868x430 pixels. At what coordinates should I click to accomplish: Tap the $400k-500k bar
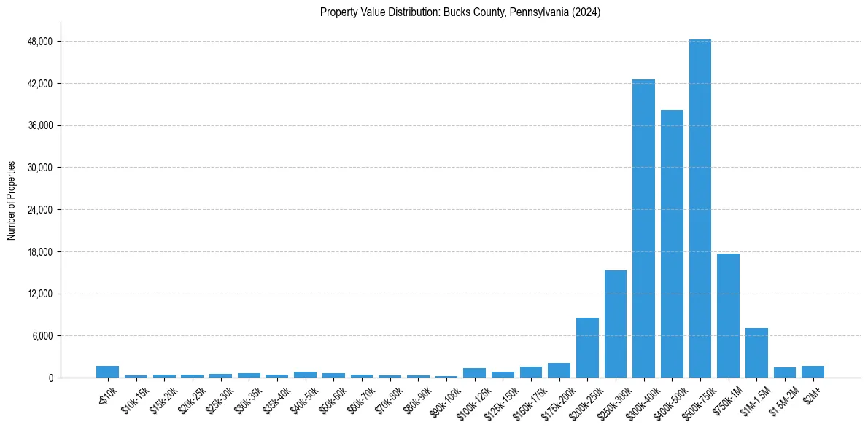(x=672, y=243)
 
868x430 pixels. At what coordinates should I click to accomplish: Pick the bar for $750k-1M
(x=728, y=316)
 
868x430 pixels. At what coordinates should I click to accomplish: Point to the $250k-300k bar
(x=616, y=324)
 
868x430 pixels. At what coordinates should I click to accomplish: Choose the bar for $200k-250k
(x=587, y=348)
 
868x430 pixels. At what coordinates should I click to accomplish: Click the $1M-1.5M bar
(x=756, y=353)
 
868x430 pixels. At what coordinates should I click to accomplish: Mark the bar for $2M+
(x=813, y=372)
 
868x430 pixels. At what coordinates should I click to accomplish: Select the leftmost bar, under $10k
(x=107, y=372)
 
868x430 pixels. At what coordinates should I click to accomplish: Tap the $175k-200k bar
(x=559, y=370)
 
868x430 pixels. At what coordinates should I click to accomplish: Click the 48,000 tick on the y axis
(x=39, y=42)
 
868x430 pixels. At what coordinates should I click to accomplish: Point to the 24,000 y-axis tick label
(x=39, y=210)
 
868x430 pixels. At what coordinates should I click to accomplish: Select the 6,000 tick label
(x=41, y=336)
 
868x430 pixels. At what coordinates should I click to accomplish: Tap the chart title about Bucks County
(x=460, y=12)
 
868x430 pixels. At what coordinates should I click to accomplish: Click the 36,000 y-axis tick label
(x=39, y=125)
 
